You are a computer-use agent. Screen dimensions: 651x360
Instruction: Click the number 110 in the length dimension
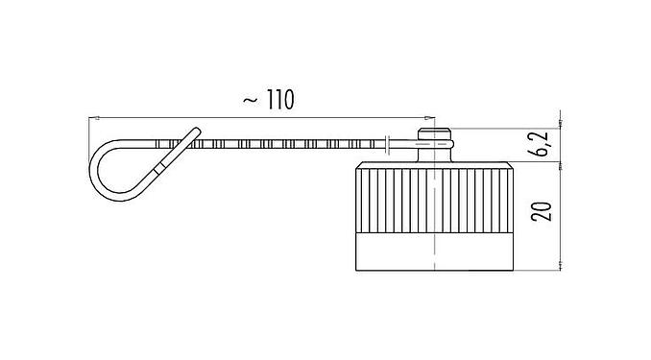[275, 99]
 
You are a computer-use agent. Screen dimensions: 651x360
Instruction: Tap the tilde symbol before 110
[248, 100]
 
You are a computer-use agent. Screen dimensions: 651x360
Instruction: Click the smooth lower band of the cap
[435, 251]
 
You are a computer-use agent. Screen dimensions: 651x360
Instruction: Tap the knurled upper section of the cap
[435, 199]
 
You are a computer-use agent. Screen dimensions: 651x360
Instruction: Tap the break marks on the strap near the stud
[386, 145]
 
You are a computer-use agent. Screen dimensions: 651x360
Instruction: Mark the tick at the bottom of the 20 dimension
[559, 269]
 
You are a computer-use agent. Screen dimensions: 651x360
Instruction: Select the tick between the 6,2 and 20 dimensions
[559, 164]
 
